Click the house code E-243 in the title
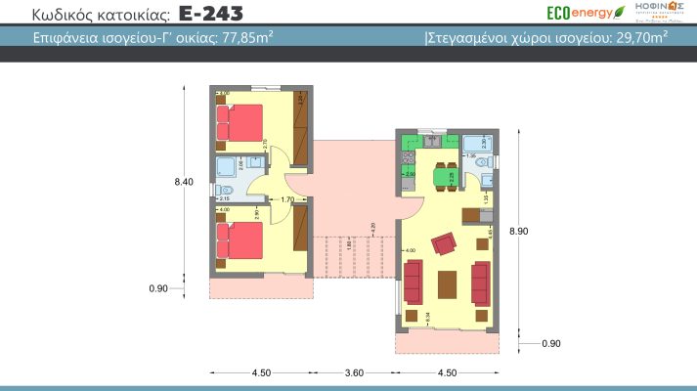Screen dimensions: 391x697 (212, 14)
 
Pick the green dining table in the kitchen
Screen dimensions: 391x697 (445, 176)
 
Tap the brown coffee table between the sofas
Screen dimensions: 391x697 (446, 282)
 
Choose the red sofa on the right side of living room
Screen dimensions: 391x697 (480, 282)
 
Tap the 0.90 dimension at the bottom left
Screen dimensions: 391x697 (158, 288)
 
